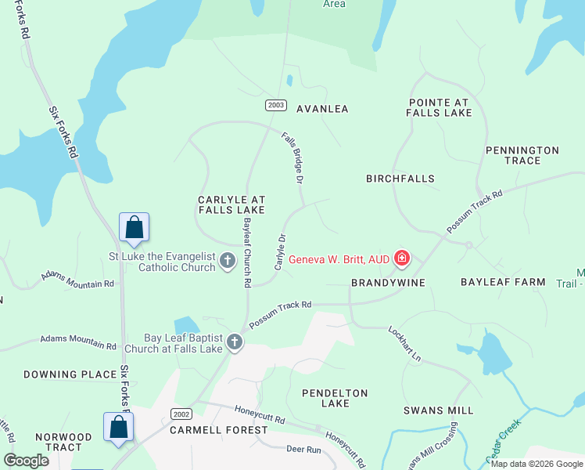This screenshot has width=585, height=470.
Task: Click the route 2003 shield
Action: (x=275, y=105)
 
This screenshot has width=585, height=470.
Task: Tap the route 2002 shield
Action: (x=181, y=414)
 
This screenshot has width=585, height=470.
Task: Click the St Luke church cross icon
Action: (x=228, y=260)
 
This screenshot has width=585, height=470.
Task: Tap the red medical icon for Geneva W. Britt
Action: (x=402, y=258)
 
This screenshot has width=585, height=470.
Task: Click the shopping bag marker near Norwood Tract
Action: (x=118, y=428)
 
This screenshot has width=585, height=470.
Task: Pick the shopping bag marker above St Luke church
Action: (x=134, y=227)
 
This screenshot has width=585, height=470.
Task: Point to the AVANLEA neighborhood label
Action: (x=322, y=109)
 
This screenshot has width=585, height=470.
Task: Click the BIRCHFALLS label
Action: (x=400, y=179)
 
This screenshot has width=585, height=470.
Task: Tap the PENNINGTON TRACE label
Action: (x=522, y=155)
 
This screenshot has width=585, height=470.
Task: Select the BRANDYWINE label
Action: (x=388, y=282)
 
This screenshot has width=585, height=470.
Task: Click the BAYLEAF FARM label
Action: (x=502, y=281)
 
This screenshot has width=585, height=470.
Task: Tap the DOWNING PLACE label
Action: (x=70, y=374)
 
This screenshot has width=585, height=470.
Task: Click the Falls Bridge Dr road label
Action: (x=292, y=157)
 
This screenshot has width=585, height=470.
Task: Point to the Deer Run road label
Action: (x=304, y=450)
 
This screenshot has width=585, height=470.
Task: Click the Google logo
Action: (x=26, y=461)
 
